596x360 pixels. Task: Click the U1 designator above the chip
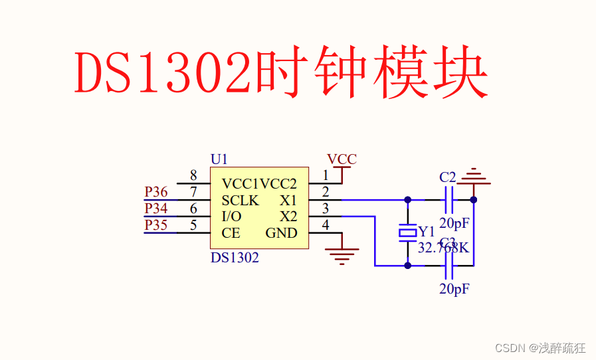pos(219,159)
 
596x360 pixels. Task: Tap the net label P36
pos(156,192)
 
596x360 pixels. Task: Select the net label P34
pos(156,209)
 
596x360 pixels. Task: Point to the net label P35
pos(156,225)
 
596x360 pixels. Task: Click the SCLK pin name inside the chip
pos(241,201)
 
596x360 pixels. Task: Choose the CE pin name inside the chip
pos(231,233)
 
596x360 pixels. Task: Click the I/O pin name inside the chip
pos(232,217)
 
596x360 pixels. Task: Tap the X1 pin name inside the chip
pos(288,201)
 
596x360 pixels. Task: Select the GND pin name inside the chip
pos(282,233)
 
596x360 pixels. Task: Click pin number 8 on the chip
pos(193,175)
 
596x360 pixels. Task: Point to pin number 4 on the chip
pos(325,225)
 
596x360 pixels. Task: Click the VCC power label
pos(342,159)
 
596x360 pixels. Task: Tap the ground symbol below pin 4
pos(342,255)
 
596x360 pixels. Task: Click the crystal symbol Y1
pos(407,232)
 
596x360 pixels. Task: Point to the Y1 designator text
pos(427,232)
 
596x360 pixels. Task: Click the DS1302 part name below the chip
pos(235,258)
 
